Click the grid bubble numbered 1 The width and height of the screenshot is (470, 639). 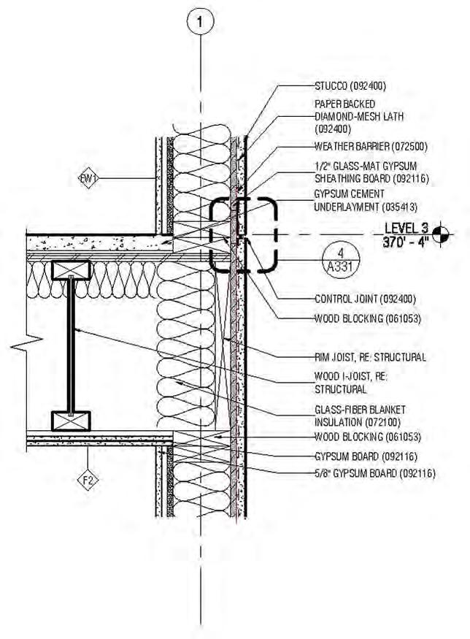pyautogui.click(x=201, y=21)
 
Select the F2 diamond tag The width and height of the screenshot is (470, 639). pyautogui.click(x=88, y=481)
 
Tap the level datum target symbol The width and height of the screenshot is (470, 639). pyautogui.click(x=439, y=234)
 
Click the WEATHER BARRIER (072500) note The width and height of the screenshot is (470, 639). pyautogui.click(x=360, y=146)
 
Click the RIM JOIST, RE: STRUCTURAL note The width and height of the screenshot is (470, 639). pyautogui.click(x=366, y=357)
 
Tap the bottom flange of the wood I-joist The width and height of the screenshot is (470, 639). pyautogui.click(x=71, y=420)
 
